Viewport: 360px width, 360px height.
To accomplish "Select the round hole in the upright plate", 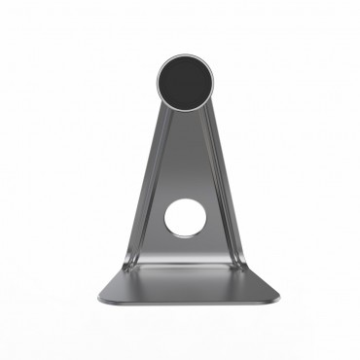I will tap(182, 217).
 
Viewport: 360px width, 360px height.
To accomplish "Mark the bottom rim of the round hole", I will tap(182, 235).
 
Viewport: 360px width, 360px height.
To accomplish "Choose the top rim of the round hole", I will tap(182, 198).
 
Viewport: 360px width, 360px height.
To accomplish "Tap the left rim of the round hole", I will tap(163, 217).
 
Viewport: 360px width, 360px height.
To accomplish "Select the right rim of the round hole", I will tap(200, 217).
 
